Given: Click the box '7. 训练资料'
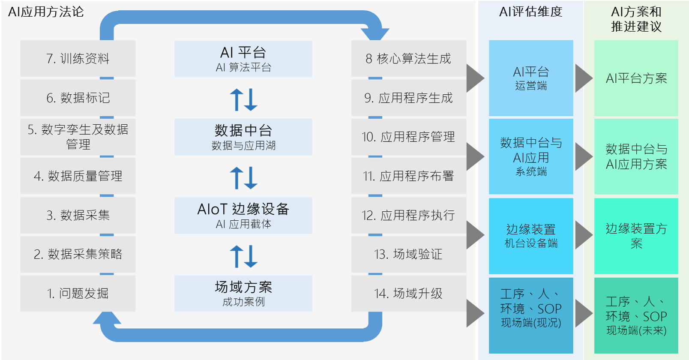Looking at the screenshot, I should click(78, 59).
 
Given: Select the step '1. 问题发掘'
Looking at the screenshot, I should click(78, 294).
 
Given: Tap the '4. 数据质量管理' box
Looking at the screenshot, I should click(78, 176).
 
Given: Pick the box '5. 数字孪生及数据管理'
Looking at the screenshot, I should click(78, 137).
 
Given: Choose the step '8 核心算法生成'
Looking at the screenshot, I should click(408, 59).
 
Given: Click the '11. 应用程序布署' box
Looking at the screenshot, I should click(408, 176).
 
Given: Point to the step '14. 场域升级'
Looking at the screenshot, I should click(408, 294).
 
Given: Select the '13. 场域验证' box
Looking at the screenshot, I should click(408, 254).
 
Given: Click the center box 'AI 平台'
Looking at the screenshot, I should click(243, 59).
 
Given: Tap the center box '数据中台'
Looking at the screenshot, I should click(243, 137).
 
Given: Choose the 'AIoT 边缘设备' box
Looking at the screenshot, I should click(243, 216).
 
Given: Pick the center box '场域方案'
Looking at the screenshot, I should click(243, 294).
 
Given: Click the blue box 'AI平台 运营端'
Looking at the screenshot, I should click(531, 78).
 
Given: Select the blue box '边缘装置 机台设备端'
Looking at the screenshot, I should click(531, 236).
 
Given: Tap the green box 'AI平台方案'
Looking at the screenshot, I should click(636, 78).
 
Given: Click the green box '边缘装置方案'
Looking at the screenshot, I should click(636, 236).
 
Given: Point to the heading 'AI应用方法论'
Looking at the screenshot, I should click(46, 12).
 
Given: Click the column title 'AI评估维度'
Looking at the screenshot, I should click(530, 12).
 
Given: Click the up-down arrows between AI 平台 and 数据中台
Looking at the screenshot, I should click(243, 99).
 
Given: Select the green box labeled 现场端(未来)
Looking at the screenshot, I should click(636, 315).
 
